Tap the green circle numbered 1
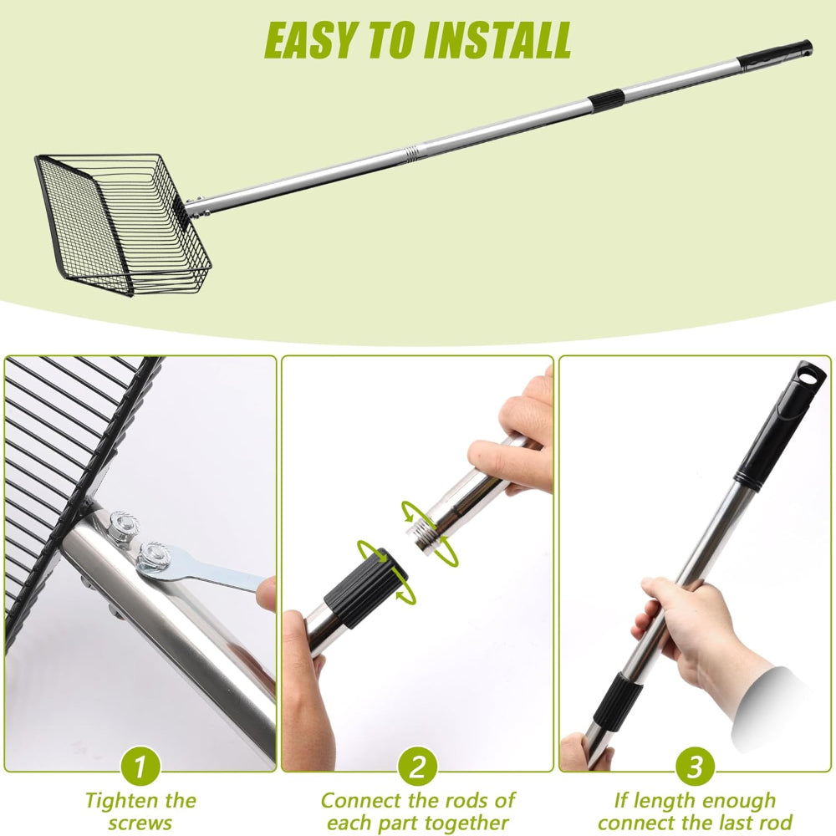pos(140,767)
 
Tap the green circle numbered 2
pos(418,767)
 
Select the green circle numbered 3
pos(696,767)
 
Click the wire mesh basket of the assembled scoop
pos(123,223)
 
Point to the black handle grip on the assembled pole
pos(776,55)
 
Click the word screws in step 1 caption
pos(140,823)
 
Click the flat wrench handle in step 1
pos(227,575)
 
